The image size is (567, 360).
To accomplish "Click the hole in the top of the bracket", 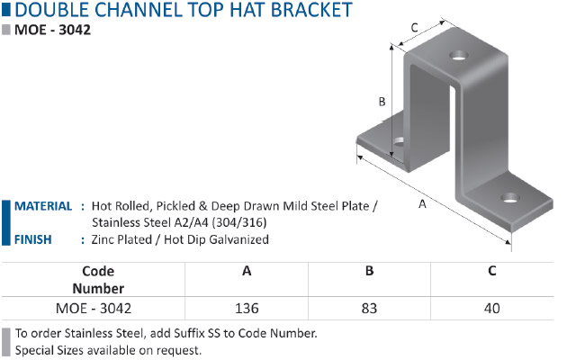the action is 458,55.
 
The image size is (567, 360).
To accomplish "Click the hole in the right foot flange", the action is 510,198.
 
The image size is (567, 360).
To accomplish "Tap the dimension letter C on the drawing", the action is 415,28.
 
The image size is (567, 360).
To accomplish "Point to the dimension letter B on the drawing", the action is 382,102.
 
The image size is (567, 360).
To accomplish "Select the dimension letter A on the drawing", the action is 422,204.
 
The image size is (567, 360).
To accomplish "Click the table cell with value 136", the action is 247,309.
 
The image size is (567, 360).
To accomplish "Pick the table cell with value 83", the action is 369,309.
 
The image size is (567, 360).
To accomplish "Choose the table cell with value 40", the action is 491,309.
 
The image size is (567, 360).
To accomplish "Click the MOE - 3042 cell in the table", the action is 94,309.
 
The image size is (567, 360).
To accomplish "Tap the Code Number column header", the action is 98,280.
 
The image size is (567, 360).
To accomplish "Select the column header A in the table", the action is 247,271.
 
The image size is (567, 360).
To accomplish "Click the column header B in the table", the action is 369,271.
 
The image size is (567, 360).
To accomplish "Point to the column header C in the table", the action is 491,271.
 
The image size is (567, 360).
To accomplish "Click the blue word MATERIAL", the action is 43,206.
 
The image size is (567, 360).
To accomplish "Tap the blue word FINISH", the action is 33,239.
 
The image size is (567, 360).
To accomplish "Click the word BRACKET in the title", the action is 311,10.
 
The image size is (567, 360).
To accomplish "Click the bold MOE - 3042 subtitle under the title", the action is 52,30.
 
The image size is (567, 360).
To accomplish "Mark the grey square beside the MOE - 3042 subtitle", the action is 6,30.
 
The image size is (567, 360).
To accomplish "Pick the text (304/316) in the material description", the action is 239,222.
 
